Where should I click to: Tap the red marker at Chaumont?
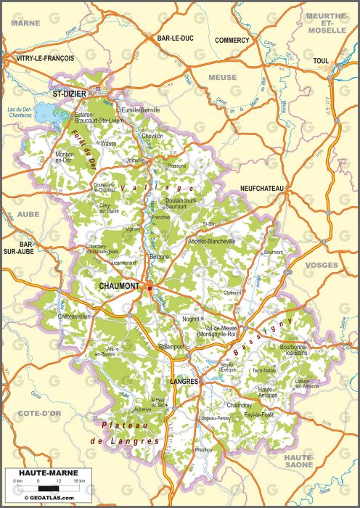[150, 288]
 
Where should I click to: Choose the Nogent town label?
[190, 319]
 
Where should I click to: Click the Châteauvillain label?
[73, 316]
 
